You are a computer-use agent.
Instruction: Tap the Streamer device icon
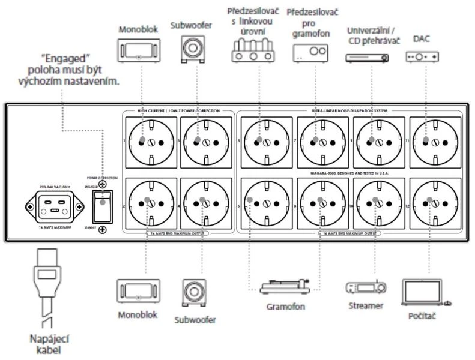[x=365, y=287]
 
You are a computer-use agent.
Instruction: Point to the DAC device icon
[x=422, y=57]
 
